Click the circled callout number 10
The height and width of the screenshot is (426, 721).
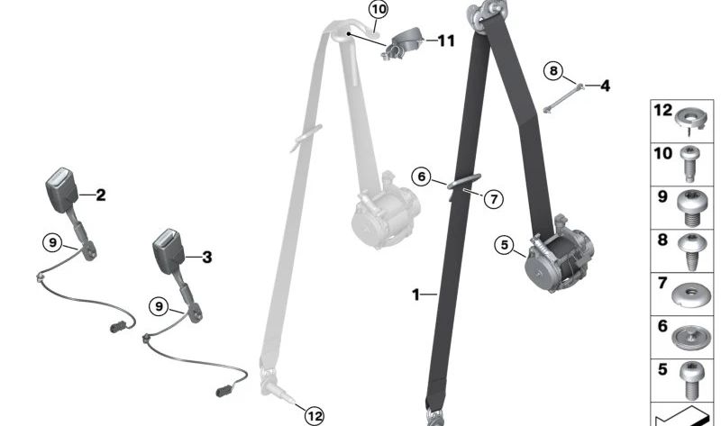pos(378,10)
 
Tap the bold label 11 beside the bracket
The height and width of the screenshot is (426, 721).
pos(446,41)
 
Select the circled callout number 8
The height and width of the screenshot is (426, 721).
pos(553,70)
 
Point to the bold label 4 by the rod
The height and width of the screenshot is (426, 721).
pos(605,86)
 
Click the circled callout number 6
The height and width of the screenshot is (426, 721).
pos(421,177)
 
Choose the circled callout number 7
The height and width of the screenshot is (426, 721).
pos(493,199)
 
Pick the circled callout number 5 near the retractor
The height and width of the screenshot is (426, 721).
pos(504,244)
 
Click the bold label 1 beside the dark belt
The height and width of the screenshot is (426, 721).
pos(416,295)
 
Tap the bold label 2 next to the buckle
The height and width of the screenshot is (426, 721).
pos(101,195)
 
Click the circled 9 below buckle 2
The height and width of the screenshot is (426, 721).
pos(52,241)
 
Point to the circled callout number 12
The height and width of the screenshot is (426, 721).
pos(314,415)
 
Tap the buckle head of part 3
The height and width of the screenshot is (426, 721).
pos(169,249)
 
